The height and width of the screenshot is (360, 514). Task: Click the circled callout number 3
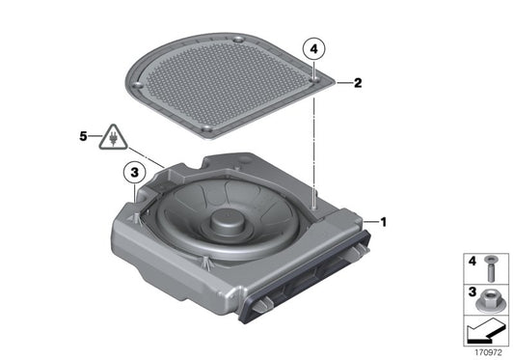pyautogui.click(x=135, y=174)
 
